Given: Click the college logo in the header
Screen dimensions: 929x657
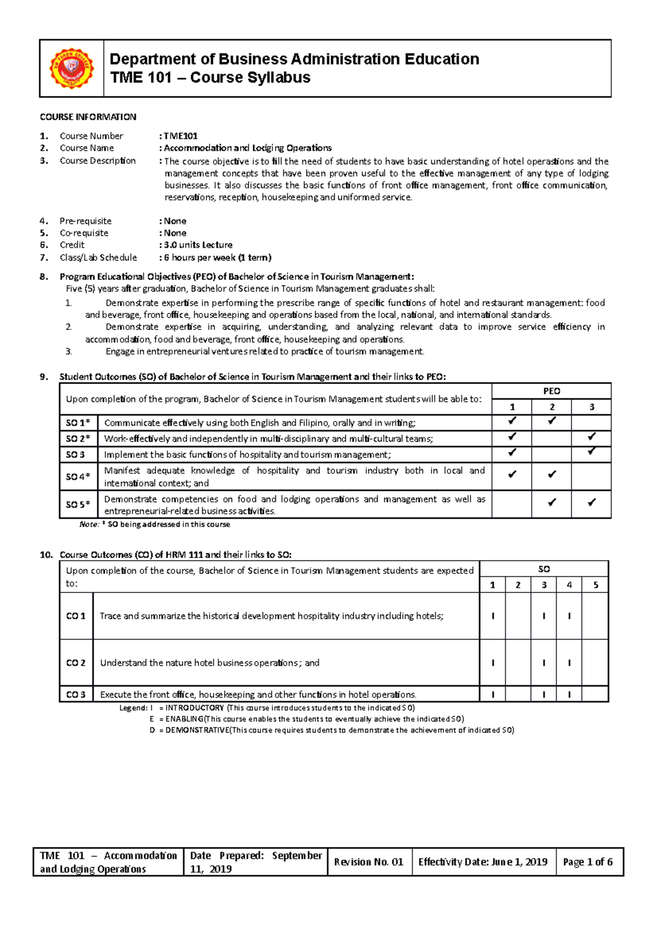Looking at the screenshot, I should [x=72, y=68].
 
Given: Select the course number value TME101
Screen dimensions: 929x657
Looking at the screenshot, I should [x=181, y=136].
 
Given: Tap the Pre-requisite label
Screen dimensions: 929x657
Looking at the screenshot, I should [x=85, y=221].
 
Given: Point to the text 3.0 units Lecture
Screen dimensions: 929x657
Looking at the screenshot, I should [x=198, y=245].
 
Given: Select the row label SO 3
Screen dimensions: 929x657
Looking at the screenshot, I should [x=76, y=455].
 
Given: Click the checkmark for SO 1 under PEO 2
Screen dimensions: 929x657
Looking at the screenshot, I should [x=551, y=421].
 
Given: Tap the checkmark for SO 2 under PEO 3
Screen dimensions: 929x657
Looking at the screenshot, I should [x=591, y=437].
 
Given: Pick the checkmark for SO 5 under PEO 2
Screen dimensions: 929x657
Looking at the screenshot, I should [x=551, y=502].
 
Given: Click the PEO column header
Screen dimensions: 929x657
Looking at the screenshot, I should [x=551, y=391].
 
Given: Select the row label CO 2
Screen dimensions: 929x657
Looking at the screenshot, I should [x=76, y=663].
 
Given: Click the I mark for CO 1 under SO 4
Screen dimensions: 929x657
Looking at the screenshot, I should [x=569, y=616].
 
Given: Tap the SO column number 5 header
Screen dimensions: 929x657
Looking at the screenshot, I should [x=596, y=585].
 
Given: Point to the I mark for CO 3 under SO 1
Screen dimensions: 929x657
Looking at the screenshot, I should [x=493, y=694].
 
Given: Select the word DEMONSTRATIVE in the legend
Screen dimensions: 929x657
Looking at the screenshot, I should [x=198, y=730].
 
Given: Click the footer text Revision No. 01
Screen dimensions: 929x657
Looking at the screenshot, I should [x=368, y=862].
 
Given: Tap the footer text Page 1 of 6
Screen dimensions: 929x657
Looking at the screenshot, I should [x=587, y=862].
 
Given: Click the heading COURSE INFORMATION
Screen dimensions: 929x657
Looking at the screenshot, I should [x=88, y=117].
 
